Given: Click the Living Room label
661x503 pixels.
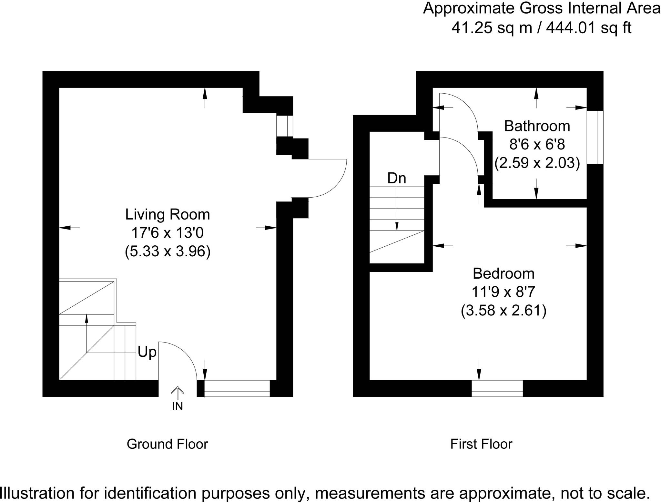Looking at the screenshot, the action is (168, 215).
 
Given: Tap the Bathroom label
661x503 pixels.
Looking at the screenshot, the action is (537, 126).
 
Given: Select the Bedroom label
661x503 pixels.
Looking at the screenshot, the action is (503, 274).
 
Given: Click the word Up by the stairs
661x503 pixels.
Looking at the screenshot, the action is (147, 352).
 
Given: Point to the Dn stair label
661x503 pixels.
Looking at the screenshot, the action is (397, 178).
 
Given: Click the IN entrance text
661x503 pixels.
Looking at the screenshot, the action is (178, 406).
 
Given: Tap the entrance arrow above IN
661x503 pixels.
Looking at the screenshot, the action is (177, 393).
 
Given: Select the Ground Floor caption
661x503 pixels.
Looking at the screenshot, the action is (167, 444).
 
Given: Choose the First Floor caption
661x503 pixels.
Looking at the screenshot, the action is (481, 444).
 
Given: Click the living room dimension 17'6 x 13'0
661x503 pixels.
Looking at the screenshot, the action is (168, 233).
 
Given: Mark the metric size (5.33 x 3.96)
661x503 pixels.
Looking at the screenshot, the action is (168, 251).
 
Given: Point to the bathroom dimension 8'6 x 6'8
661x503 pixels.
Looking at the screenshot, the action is (537, 144).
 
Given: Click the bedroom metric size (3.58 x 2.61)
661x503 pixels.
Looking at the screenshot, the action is (503, 311).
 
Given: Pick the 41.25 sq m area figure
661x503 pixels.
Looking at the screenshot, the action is (492, 28).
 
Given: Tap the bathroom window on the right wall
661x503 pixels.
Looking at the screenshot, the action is (595, 138).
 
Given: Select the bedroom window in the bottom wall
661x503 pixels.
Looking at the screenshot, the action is (497, 388).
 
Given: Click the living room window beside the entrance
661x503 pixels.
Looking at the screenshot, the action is (237, 388).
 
